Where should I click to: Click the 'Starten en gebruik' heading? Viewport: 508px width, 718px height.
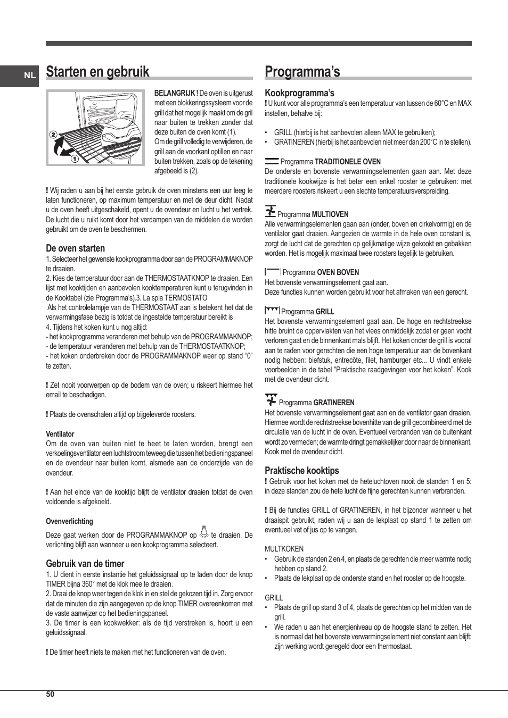coord(97,72)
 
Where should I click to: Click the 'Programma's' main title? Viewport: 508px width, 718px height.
coord(302,72)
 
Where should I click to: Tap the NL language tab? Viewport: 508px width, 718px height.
coord(30,76)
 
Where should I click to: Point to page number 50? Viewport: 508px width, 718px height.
coord(50,694)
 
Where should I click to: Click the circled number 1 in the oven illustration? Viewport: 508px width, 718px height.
coord(75,158)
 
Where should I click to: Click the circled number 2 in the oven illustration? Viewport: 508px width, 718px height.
coord(53,135)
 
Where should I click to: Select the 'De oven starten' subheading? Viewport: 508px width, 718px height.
coord(75,248)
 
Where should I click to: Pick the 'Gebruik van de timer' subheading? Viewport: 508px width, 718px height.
coord(85,564)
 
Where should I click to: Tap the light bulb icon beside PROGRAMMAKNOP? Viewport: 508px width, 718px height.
coord(203,533)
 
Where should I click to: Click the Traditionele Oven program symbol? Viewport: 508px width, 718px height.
coord(272,161)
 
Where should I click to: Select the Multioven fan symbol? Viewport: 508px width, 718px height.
coord(271,212)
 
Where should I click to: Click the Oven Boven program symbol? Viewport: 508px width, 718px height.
coord(273,272)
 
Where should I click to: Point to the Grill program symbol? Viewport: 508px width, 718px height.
coord(272,311)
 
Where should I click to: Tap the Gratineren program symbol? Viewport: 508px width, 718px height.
coord(271,400)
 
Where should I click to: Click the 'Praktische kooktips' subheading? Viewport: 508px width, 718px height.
coord(301,471)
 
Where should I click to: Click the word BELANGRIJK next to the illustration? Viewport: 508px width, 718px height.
coord(176,93)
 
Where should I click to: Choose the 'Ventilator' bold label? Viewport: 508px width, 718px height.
coord(60,434)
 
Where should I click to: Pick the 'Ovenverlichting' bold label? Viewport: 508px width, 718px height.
coord(69,521)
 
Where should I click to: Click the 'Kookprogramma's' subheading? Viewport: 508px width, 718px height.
coord(299,93)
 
